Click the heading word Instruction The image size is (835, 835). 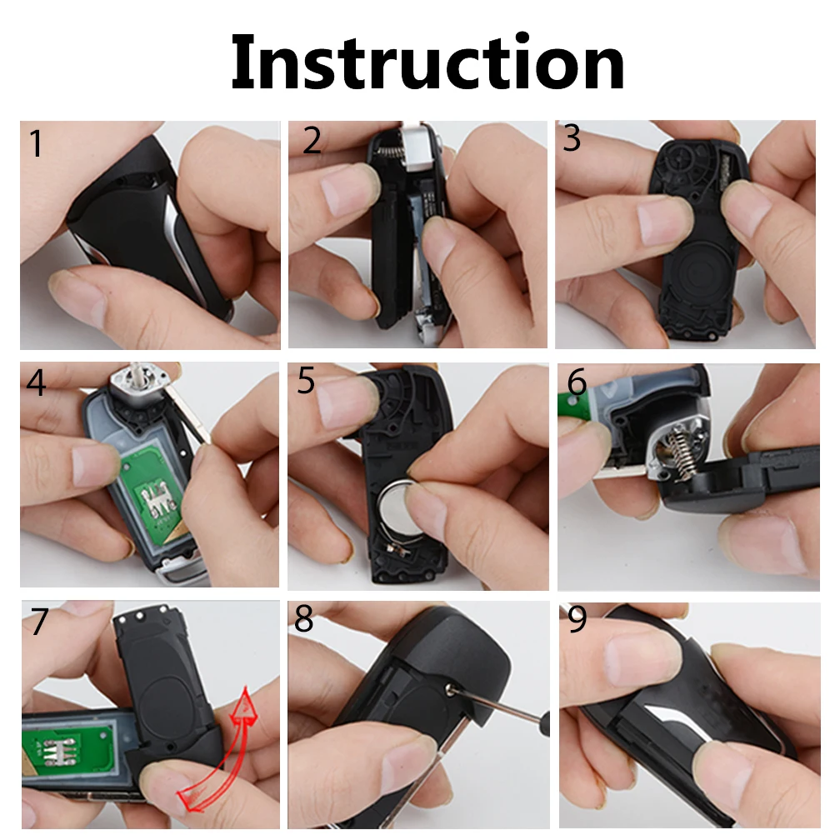click(x=427, y=63)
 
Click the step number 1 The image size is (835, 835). click(x=35, y=143)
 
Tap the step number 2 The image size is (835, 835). click(x=312, y=141)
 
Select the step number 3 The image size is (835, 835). click(x=572, y=138)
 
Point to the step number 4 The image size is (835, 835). click(x=36, y=383)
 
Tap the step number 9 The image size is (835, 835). click(x=577, y=620)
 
